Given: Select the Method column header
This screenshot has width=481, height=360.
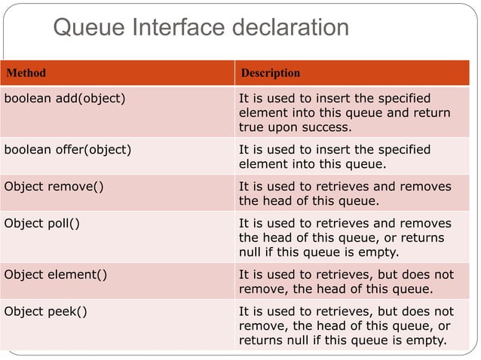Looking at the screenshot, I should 26,73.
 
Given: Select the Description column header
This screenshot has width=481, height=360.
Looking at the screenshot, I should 269,73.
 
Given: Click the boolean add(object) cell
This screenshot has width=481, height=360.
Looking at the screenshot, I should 65,99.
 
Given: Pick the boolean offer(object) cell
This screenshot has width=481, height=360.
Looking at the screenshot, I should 68,149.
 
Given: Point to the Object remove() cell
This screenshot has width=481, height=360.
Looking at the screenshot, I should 54,186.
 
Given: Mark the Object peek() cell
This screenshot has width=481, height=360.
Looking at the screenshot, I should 45,311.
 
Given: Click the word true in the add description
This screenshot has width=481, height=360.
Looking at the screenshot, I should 253,127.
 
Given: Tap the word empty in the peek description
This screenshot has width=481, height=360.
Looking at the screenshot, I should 427,340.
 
